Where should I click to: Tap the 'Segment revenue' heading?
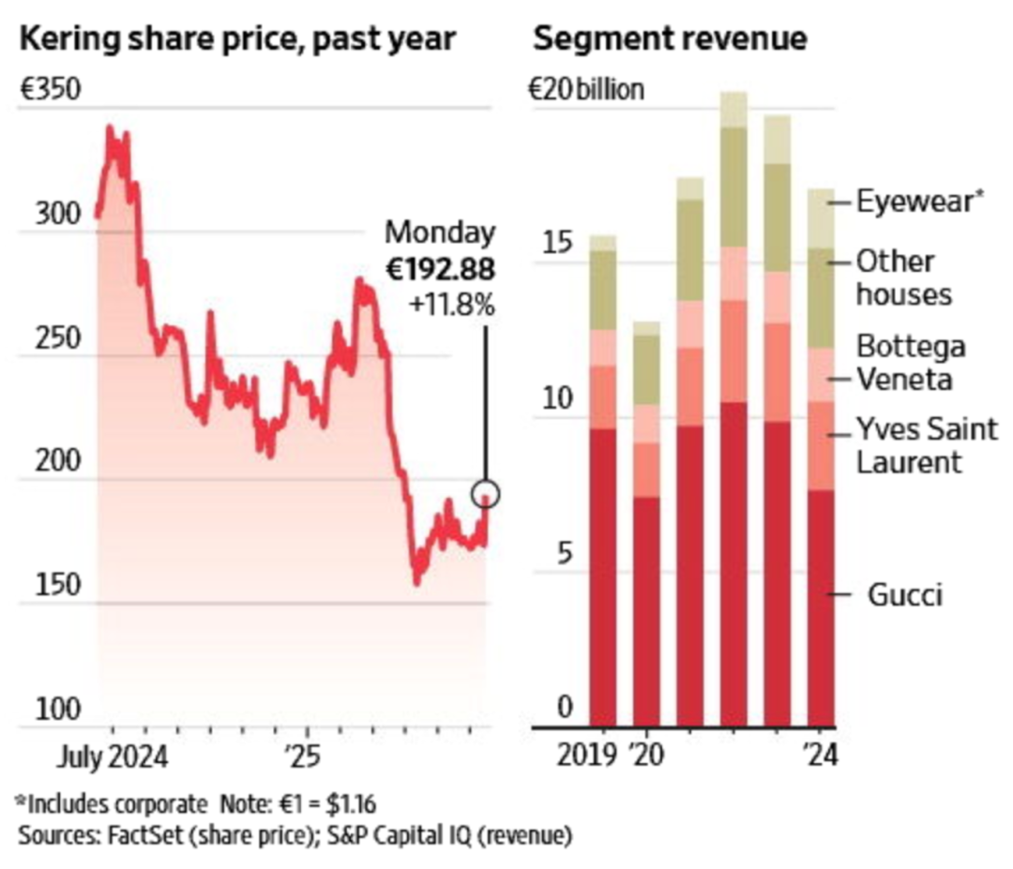pyautogui.click(x=670, y=38)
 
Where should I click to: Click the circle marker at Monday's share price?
pyautogui.click(x=486, y=493)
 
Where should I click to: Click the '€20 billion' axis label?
pyautogui.click(x=586, y=90)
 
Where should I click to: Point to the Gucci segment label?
pyautogui.click(x=904, y=595)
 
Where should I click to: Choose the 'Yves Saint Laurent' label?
pyautogui.click(x=909, y=445)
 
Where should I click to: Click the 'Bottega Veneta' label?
pyautogui.click(x=909, y=363)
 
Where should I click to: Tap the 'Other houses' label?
pyautogui.click(x=903, y=277)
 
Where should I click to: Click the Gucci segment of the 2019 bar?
pyautogui.click(x=602, y=577)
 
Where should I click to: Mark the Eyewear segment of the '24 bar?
pyautogui.click(x=822, y=218)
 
